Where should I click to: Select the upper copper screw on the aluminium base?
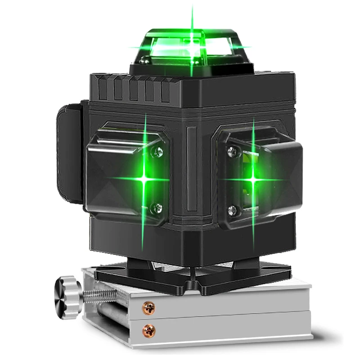pos(148,308)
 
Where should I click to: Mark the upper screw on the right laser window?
pos(232,152)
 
